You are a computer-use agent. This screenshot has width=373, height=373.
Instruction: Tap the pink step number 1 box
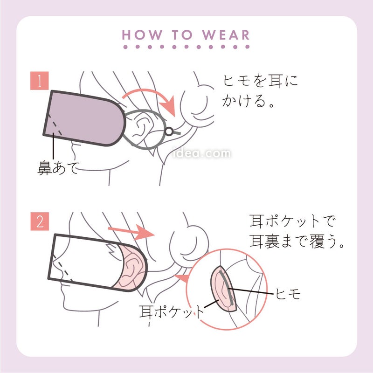pyautogui.click(x=40, y=81)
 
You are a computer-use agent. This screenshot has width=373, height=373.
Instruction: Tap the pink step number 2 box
pyautogui.click(x=40, y=221)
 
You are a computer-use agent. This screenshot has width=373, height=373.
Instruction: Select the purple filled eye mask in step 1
pyautogui.click(x=84, y=118)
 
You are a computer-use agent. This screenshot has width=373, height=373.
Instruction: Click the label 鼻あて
pyautogui.click(x=58, y=168)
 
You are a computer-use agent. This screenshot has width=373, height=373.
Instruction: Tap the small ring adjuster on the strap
pyautogui.click(x=169, y=131)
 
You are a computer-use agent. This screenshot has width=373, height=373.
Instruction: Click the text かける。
pyautogui.click(x=249, y=101)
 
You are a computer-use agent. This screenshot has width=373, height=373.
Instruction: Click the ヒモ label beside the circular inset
pyautogui.click(x=288, y=294)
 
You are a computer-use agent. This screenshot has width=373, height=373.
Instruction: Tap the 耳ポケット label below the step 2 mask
pyautogui.click(x=172, y=311)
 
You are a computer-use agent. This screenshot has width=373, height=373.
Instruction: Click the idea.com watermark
pyautogui.click(x=201, y=153)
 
